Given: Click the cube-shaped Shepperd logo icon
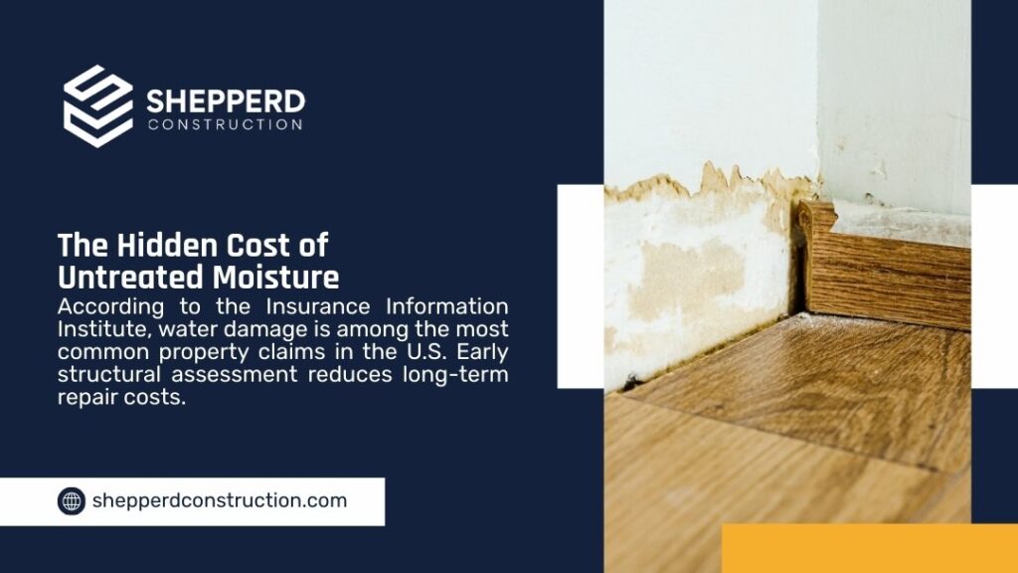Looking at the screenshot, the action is (x=98, y=105).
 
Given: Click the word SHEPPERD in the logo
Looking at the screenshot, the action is (x=226, y=102).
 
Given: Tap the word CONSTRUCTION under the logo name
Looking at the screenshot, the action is (x=226, y=124).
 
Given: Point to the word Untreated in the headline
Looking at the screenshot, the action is (x=128, y=278).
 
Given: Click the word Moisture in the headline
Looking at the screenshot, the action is (x=276, y=278).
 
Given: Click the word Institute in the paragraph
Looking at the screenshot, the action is (x=104, y=329).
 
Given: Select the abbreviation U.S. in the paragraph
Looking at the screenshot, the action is (x=425, y=351).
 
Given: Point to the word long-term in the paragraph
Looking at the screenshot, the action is (x=455, y=375).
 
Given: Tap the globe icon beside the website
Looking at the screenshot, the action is (x=72, y=501).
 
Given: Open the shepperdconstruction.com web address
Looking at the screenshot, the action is (x=220, y=501).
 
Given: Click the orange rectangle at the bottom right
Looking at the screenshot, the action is (x=870, y=548).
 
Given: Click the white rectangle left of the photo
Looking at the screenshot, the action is (x=581, y=286).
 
